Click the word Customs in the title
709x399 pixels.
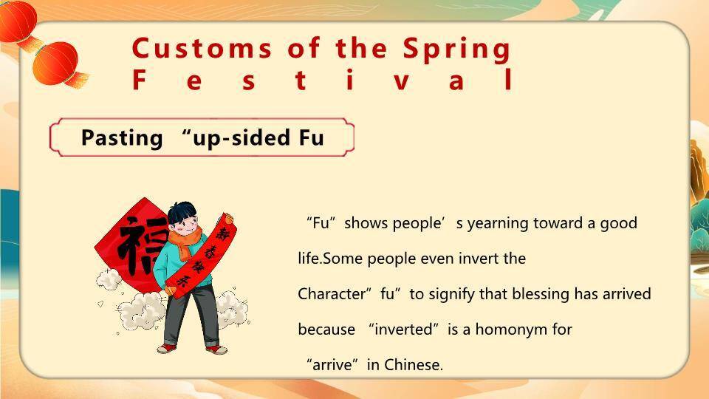coord(202,49)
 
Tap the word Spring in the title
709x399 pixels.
coord(456,50)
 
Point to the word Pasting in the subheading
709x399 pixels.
coord(122,137)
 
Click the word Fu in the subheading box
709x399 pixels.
coord(312,137)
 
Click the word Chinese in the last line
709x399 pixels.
coord(414,364)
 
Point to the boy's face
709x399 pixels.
coord(185,224)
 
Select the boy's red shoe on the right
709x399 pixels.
coord(216,349)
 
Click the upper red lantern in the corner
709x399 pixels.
coord(17,21)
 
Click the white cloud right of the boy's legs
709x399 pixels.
coord(232,309)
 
